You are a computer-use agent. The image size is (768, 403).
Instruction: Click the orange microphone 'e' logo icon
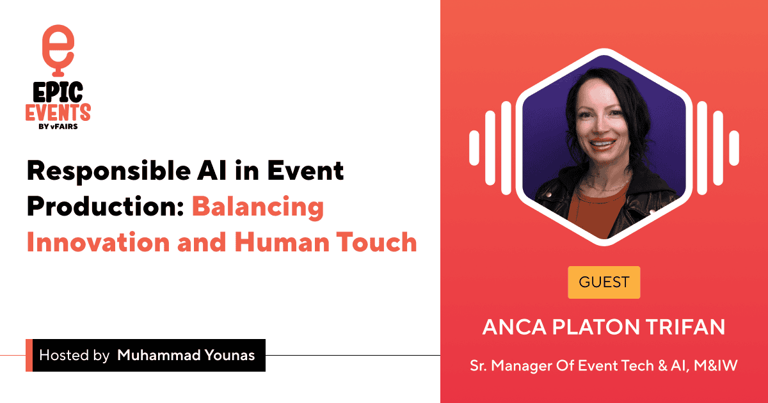tap(58, 45)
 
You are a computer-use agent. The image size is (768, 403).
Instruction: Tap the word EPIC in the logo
tap(57, 91)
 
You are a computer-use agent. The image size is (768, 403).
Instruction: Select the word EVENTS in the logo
tap(58, 113)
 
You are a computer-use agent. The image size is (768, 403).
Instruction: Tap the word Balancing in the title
tap(258, 207)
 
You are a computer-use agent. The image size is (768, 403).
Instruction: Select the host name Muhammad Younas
tap(186, 356)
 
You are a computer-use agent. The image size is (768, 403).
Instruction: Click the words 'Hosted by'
tap(74, 356)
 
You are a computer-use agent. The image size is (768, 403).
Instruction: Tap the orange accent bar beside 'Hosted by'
tap(29, 355)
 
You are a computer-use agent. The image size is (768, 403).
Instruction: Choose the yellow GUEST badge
tap(604, 281)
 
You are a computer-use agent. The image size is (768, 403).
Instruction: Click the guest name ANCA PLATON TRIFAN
tap(604, 327)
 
